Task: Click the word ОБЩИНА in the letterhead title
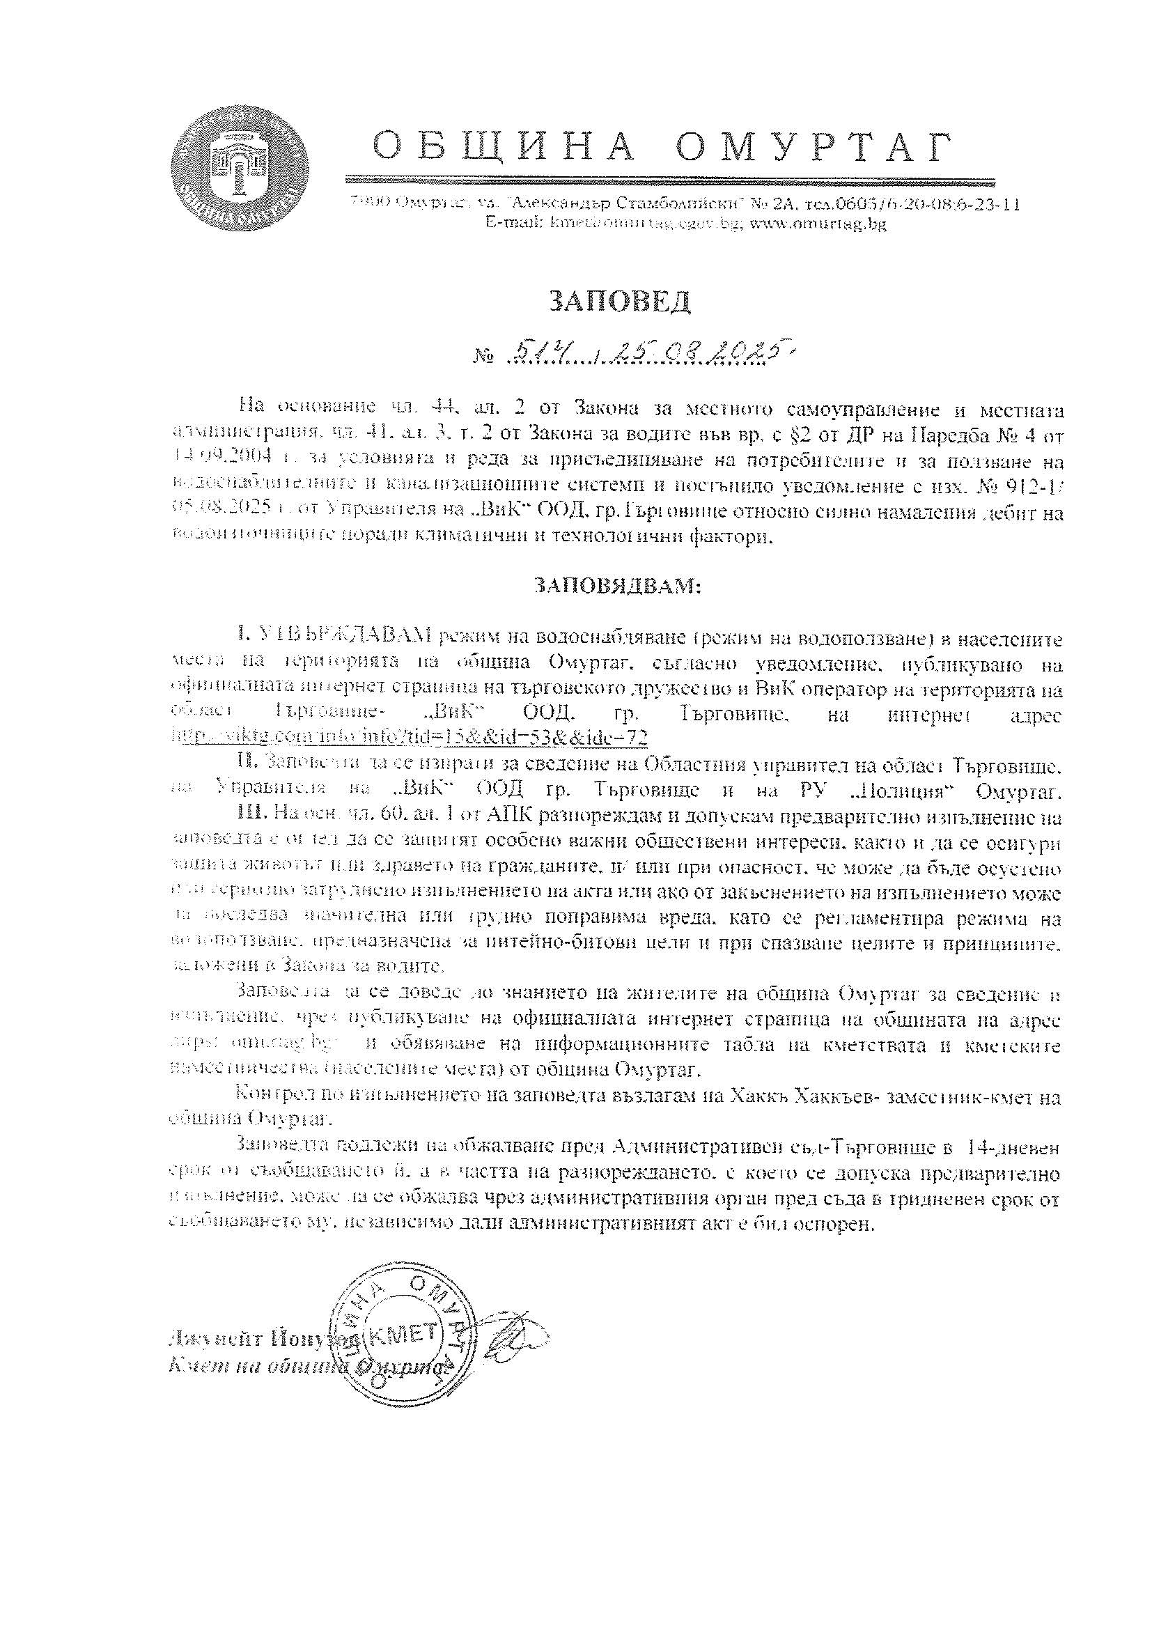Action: click(x=504, y=147)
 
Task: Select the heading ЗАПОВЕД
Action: click(x=620, y=302)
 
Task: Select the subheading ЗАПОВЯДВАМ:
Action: click(x=617, y=586)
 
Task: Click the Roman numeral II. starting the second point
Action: click(x=246, y=764)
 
